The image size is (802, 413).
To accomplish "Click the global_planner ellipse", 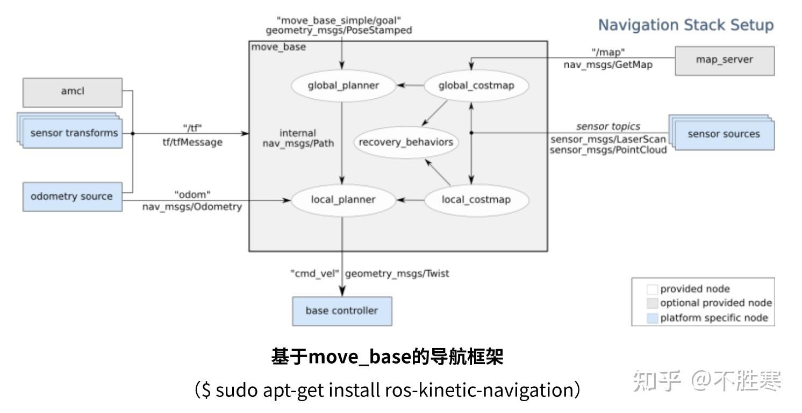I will [343, 85].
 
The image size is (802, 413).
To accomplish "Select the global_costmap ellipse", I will [476, 85].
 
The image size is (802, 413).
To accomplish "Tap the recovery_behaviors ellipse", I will [406, 143].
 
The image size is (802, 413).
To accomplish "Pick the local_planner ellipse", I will [343, 200].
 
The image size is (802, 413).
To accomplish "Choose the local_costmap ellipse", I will [476, 200].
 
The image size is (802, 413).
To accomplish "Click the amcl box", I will [72, 92].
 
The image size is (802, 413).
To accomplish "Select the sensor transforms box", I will [73, 133].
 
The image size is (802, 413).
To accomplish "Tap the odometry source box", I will [72, 197].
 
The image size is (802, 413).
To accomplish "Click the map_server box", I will [724, 60].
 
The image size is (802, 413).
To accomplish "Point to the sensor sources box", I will [724, 134].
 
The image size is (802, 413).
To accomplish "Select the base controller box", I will [342, 311].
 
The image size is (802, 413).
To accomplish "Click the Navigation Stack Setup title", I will [686, 25].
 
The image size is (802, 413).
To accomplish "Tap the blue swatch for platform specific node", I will [652, 318].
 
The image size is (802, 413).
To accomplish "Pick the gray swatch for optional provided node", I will [652, 303].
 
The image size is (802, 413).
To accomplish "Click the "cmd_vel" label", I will [314, 273].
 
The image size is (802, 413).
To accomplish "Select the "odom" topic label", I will [192, 194].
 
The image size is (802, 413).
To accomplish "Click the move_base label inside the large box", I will [278, 47].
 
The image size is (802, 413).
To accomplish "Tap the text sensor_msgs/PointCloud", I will [608, 150].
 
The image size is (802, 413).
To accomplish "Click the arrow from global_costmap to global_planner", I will [410, 85].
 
